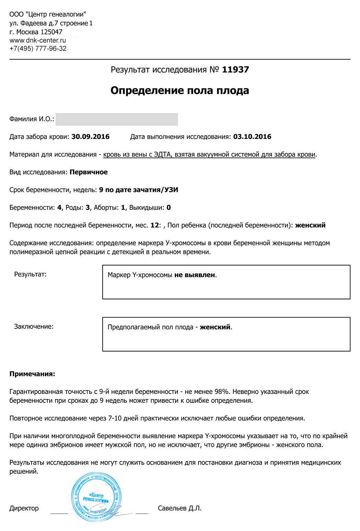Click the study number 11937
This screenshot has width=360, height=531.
236,70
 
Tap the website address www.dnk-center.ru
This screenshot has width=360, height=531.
38,40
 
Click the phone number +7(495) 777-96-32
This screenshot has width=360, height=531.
38,49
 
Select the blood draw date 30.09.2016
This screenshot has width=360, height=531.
91,137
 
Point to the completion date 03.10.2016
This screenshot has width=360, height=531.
252,137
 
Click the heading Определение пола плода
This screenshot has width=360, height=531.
180,90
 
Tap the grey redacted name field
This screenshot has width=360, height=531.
117,119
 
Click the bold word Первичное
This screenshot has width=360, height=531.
88,172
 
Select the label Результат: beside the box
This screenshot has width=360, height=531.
30,274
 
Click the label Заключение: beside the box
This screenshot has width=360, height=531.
34,326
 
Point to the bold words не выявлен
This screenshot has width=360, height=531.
195,275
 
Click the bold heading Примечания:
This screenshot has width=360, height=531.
32,374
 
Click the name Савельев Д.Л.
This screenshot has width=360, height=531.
180,508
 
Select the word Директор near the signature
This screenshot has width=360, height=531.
24,508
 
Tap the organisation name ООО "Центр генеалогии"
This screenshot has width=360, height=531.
48,15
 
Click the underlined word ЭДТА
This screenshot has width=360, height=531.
163,155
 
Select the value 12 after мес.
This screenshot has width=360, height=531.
155,225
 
